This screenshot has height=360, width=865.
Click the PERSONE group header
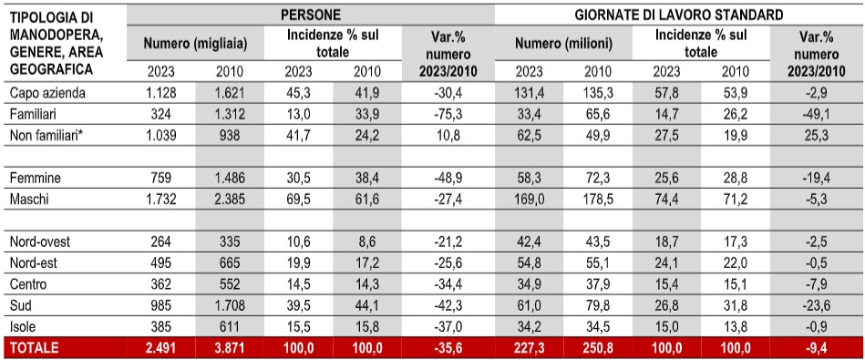pyautogui.click(x=311, y=15)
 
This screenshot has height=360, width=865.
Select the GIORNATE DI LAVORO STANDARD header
pyautogui.click(x=679, y=15)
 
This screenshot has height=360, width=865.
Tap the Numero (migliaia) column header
pyautogui.click(x=195, y=43)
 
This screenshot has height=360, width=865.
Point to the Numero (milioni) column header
pyautogui.click(x=564, y=43)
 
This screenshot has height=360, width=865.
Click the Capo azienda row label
pyautogui.click(x=47, y=93)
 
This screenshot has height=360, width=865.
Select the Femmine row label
pyautogui.click(x=36, y=179)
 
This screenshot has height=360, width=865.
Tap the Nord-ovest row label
pyautogui.click(x=40, y=242)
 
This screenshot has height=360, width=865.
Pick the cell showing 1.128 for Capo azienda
pyautogui.click(x=160, y=93)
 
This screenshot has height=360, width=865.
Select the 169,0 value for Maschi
pyautogui.click(x=529, y=199)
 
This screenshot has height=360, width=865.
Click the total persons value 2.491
pyautogui.click(x=160, y=348)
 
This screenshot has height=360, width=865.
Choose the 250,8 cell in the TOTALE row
pyautogui.click(x=597, y=348)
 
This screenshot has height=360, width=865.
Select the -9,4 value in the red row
pyautogui.click(x=819, y=348)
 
